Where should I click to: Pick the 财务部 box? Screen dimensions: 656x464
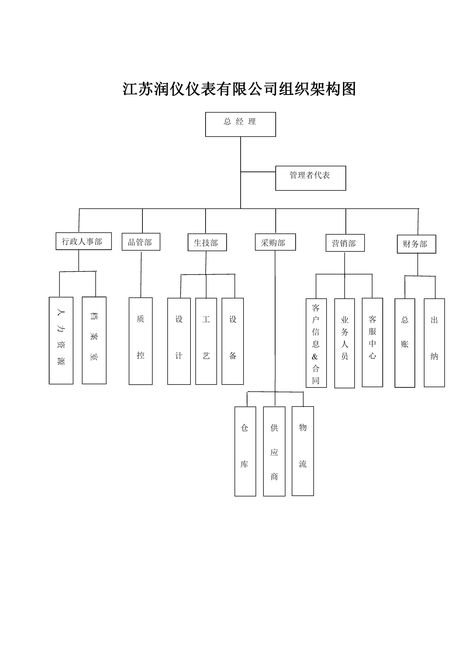[416, 244]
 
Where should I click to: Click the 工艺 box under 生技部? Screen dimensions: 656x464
[206, 341]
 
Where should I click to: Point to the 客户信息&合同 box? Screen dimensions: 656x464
[316, 343]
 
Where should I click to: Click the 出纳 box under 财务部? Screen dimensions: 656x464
[434, 343]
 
